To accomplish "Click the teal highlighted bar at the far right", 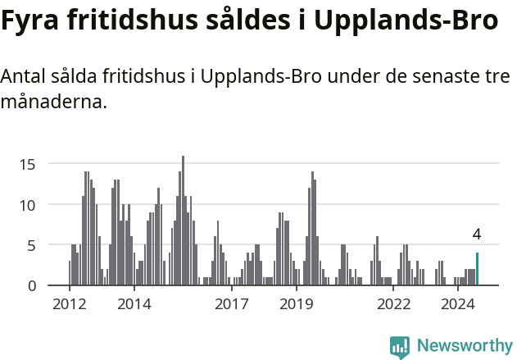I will click(x=477, y=269).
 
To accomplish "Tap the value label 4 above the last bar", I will click(x=477, y=235).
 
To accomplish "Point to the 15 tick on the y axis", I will click(x=28, y=164).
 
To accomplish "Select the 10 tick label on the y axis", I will click(x=28, y=204).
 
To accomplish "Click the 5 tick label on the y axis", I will click(x=32, y=244).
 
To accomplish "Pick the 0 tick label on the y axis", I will click(x=32, y=285).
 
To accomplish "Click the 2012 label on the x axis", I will click(x=69, y=304).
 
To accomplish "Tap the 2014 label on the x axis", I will click(x=134, y=304).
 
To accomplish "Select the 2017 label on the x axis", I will click(x=231, y=304).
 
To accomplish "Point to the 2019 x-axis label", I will click(x=296, y=304).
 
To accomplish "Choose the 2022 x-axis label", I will click(x=393, y=304).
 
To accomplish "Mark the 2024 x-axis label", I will click(x=458, y=304).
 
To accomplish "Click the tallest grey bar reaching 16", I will click(x=183, y=221).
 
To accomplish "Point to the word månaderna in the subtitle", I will click(x=54, y=103).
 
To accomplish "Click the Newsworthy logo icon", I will click(x=400, y=346).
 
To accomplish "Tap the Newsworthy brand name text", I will click(x=464, y=346).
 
